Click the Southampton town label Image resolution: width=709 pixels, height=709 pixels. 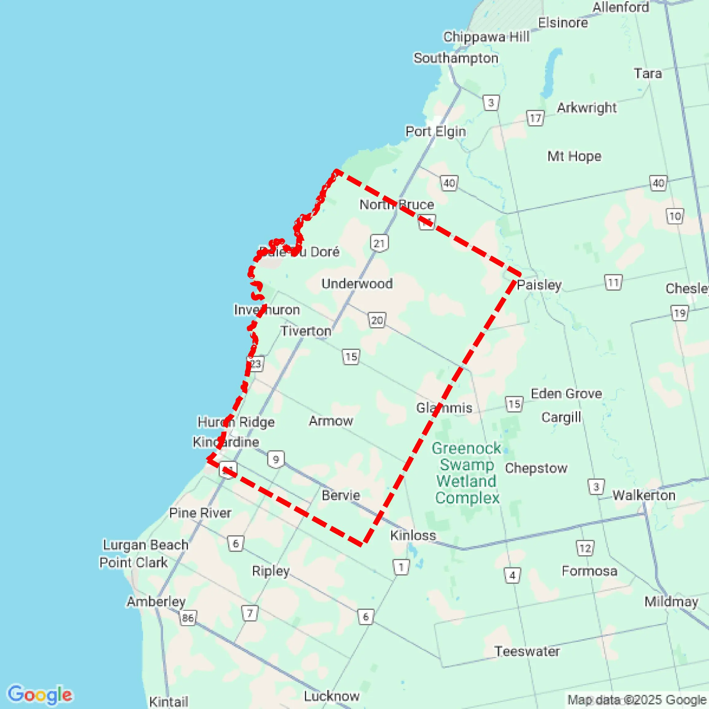point(456,58)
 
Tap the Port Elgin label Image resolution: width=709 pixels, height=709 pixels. point(435,131)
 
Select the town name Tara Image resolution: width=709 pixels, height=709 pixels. point(648,74)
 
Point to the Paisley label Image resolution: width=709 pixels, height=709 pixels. point(539,285)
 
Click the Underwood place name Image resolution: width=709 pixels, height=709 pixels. point(357,284)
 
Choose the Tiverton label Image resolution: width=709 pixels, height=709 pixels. point(306,331)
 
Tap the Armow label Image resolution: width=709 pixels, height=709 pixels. point(331,421)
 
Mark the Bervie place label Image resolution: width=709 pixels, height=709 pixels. point(341,495)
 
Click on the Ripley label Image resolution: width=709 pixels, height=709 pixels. point(271,571)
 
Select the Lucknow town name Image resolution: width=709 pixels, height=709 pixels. point(332,696)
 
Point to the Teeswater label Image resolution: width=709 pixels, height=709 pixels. point(527,651)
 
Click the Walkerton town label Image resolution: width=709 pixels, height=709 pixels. point(644,495)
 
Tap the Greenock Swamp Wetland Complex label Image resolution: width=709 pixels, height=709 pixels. point(467,473)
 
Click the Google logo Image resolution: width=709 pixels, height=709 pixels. point(40,694)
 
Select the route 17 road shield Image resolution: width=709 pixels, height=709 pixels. point(535,118)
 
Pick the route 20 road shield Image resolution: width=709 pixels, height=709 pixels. point(377,320)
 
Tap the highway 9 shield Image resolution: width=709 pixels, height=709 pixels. point(276,459)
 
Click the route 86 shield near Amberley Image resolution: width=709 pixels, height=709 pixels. point(188,618)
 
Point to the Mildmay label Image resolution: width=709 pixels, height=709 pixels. point(671,602)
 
